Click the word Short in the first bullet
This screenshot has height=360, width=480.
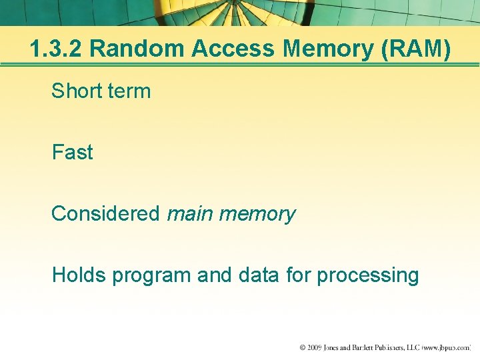point(74,91)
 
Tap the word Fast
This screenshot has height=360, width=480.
point(72,152)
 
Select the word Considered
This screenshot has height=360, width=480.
point(105,213)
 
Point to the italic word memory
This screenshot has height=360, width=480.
point(257,213)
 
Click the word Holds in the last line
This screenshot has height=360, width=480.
point(79,275)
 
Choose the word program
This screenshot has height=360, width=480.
point(152,275)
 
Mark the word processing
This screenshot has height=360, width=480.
point(367,275)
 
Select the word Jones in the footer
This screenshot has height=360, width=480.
point(337,348)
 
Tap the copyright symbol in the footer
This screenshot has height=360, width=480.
point(303,348)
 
